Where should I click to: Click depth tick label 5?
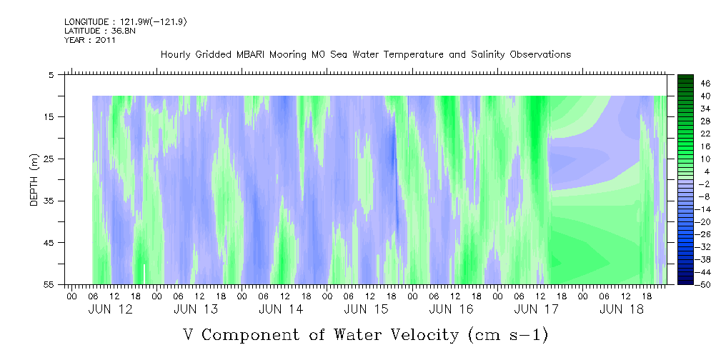coord(51,74)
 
